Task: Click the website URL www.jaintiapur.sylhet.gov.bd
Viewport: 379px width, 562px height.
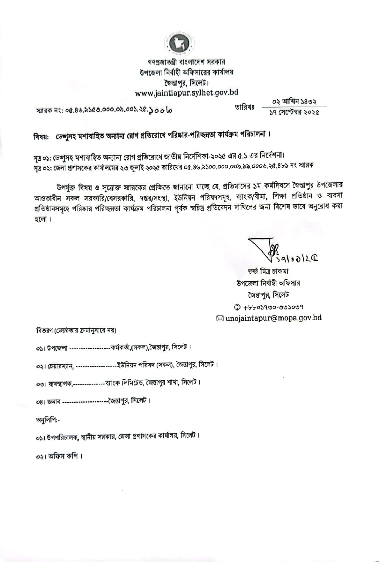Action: [x=187, y=93]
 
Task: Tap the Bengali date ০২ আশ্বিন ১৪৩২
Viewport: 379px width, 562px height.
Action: [x=294, y=102]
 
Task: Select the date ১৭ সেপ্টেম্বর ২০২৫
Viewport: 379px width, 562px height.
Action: [x=294, y=112]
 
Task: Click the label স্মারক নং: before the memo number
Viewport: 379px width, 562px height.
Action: [x=50, y=111]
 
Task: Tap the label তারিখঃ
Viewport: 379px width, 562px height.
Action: [x=245, y=107]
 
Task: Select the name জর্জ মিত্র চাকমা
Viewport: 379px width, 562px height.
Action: [x=268, y=271]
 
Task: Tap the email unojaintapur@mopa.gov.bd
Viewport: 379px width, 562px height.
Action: [x=273, y=318]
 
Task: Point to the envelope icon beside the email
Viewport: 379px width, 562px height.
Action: [x=220, y=319]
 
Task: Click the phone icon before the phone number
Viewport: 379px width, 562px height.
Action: [x=237, y=307]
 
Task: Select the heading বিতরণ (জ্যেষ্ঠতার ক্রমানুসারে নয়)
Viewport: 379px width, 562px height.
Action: [x=76, y=331]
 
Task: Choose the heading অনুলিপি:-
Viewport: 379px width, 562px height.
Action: [x=48, y=420]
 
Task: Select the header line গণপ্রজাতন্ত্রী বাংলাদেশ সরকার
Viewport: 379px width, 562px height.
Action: [x=187, y=62]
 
